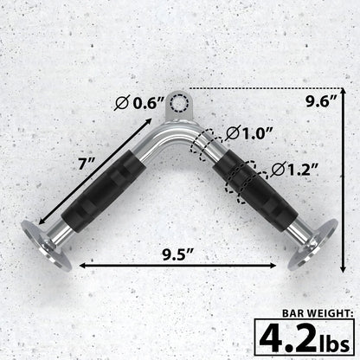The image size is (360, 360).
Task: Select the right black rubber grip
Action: (257, 191)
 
